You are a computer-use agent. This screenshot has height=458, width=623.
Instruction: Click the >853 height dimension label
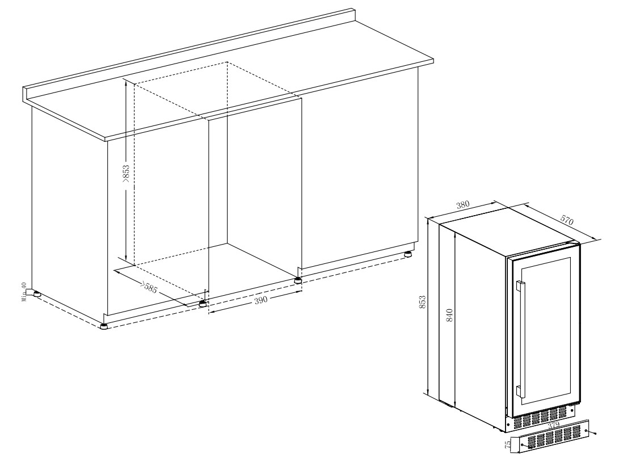tap(126, 174)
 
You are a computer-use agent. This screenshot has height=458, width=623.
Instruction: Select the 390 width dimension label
tap(260, 300)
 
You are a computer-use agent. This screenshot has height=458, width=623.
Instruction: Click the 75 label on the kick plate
tap(508, 444)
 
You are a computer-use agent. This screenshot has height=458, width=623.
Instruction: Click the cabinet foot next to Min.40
tap(37, 293)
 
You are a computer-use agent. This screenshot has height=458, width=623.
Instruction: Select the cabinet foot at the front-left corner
tap(104, 326)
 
